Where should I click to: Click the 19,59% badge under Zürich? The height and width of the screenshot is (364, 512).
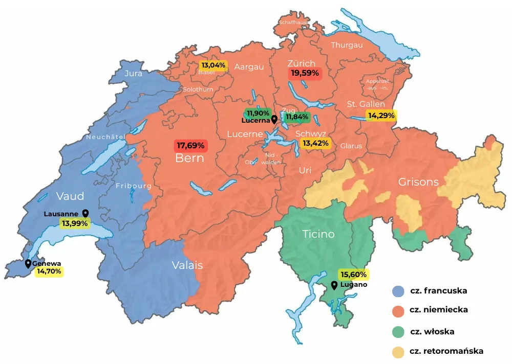305,74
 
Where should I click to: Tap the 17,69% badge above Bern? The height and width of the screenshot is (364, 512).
190,146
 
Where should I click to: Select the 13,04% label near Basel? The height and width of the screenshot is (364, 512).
214,65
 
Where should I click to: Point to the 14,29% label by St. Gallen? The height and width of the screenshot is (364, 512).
381,116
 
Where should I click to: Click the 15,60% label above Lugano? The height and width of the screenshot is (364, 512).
353,274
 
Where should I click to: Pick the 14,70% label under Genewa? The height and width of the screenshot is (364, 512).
49,271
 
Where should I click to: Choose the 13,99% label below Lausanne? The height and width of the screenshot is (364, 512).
75,223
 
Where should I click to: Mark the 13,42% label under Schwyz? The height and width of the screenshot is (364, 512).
315,143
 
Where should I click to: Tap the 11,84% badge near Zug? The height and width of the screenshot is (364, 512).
297,117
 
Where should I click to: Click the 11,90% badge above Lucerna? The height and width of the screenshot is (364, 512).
258,113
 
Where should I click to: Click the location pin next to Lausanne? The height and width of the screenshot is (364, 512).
85,213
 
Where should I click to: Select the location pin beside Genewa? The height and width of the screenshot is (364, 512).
28,264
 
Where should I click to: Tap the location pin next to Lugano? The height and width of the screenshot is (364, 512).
334,285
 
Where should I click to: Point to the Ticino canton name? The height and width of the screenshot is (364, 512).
318,234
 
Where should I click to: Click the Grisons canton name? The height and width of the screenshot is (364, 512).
418,182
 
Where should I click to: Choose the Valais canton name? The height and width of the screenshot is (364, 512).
187,265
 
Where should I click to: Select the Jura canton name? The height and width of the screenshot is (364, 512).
134,74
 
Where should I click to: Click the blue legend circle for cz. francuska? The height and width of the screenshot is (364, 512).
399,291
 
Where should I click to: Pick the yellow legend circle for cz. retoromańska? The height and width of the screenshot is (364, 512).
399,352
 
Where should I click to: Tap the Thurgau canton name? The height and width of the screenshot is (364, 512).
347,45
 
